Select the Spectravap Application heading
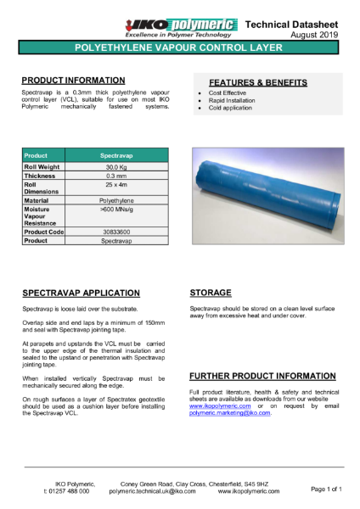(81, 290)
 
